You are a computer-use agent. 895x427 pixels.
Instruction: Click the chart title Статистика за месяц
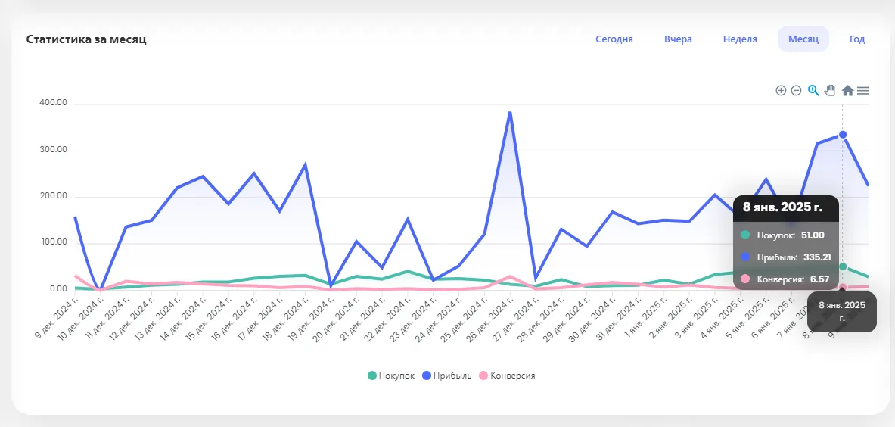point(86,39)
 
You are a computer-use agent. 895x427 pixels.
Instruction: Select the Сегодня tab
point(614,39)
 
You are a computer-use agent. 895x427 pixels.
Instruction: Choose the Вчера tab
point(678,39)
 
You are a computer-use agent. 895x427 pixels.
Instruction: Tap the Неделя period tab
point(740,39)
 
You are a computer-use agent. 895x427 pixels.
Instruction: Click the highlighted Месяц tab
point(803,39)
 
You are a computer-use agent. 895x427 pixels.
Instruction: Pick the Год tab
point(856,39)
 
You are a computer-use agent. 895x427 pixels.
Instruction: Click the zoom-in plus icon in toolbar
point(781,91)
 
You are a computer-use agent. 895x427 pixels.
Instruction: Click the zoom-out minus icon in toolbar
point(796,91)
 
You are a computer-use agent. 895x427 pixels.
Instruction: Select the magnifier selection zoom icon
point(813,91)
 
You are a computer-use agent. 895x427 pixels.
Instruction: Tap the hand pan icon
point(830,91)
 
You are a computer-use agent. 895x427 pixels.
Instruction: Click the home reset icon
point(847,91)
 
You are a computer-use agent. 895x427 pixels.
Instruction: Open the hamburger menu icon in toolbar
point(862,91)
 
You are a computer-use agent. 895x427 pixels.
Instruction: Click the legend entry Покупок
point(391,376)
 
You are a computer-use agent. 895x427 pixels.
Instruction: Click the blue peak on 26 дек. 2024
point(510,113)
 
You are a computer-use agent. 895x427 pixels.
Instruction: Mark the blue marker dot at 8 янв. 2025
point(843,135)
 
